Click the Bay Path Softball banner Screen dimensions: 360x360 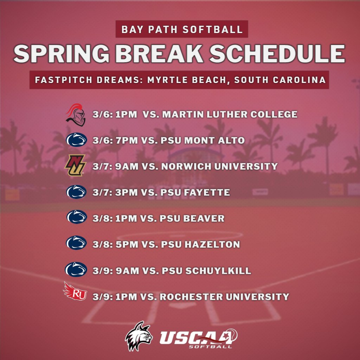pyautogui.click(x=182, y=29)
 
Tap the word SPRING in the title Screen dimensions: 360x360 pyautogui.click(x=62, y=54)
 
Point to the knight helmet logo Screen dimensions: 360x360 pyautogui.click(x=76, y=115)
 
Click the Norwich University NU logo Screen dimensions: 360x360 pyautogui.click(x=75, y=166)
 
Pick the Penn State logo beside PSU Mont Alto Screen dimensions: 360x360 pyautogui.click(x=76, y=140)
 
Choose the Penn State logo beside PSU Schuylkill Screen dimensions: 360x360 pyautogui.click(x=76, y=270)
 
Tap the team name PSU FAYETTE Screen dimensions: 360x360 pyautogui.click(x=195, y=193)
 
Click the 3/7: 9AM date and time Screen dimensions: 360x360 pyautogui.click(x=115, y=166)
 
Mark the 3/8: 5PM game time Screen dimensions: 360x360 pyautogui.click(x=115, y=244)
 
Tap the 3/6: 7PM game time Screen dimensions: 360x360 pyautogui.click(x=115, y=141)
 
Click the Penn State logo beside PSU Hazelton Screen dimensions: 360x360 pyautogui.click(x=76, y=243)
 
